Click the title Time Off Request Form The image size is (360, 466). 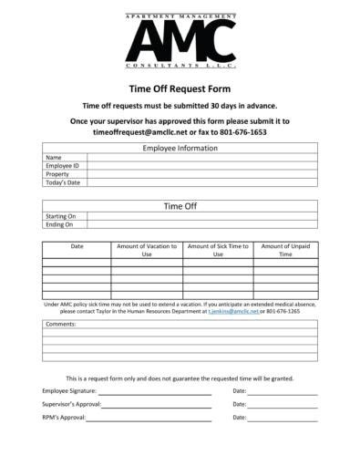click(180, 89)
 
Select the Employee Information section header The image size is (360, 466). click(179, 148)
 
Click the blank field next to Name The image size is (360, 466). click(201, 158)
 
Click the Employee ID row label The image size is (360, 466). click(63, 166)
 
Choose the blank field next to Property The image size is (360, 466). click(201, 174)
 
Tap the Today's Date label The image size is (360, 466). click(64, 182)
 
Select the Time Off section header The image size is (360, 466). click(180, 206)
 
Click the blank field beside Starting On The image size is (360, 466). click(201, 216)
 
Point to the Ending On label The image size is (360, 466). click(60, 224)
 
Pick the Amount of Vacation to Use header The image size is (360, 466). click(146, 251)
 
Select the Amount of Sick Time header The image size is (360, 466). click(218, 251)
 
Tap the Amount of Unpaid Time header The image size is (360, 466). click(285, 251)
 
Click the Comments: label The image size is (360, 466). click(60, 324)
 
